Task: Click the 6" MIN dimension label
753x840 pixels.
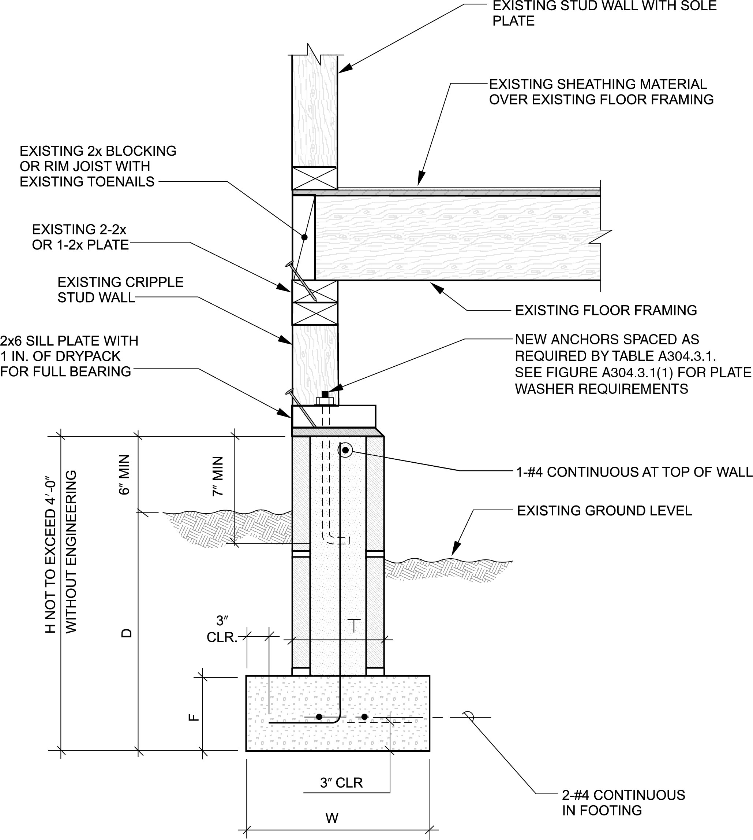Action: pyautogui.click(x=124, y=475)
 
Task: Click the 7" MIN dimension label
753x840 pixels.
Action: pyautogui.click(x=218, y=476)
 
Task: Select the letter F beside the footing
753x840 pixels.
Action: pyautogui.click(x=194, y=717)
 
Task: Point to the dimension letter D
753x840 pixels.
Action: pyautogui.click(x=126, y=633)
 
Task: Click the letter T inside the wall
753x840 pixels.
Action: pyautogui.click(x=354, y=625)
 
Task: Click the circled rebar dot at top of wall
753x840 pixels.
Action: pyautogui.click(x=345, y=450)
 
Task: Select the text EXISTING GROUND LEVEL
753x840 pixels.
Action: pyautogui.click(x=604, y=511)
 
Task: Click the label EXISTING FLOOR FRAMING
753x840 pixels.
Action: pyautogui.click(x=606, y=310)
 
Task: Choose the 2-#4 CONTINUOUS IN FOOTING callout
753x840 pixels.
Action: pyautogui.click(x=623, y=802)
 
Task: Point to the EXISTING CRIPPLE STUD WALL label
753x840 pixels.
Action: pyautogui.click(x=120, y=289)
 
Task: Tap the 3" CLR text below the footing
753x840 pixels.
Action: pyautogui.click(x=341, y=783)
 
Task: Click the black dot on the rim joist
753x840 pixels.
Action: pyautogui.click(x=304, y=237)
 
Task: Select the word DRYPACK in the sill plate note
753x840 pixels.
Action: pyautogui.click(x=93, y=356)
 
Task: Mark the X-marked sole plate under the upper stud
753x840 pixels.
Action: pyautogui.click(x=314, y=178)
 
